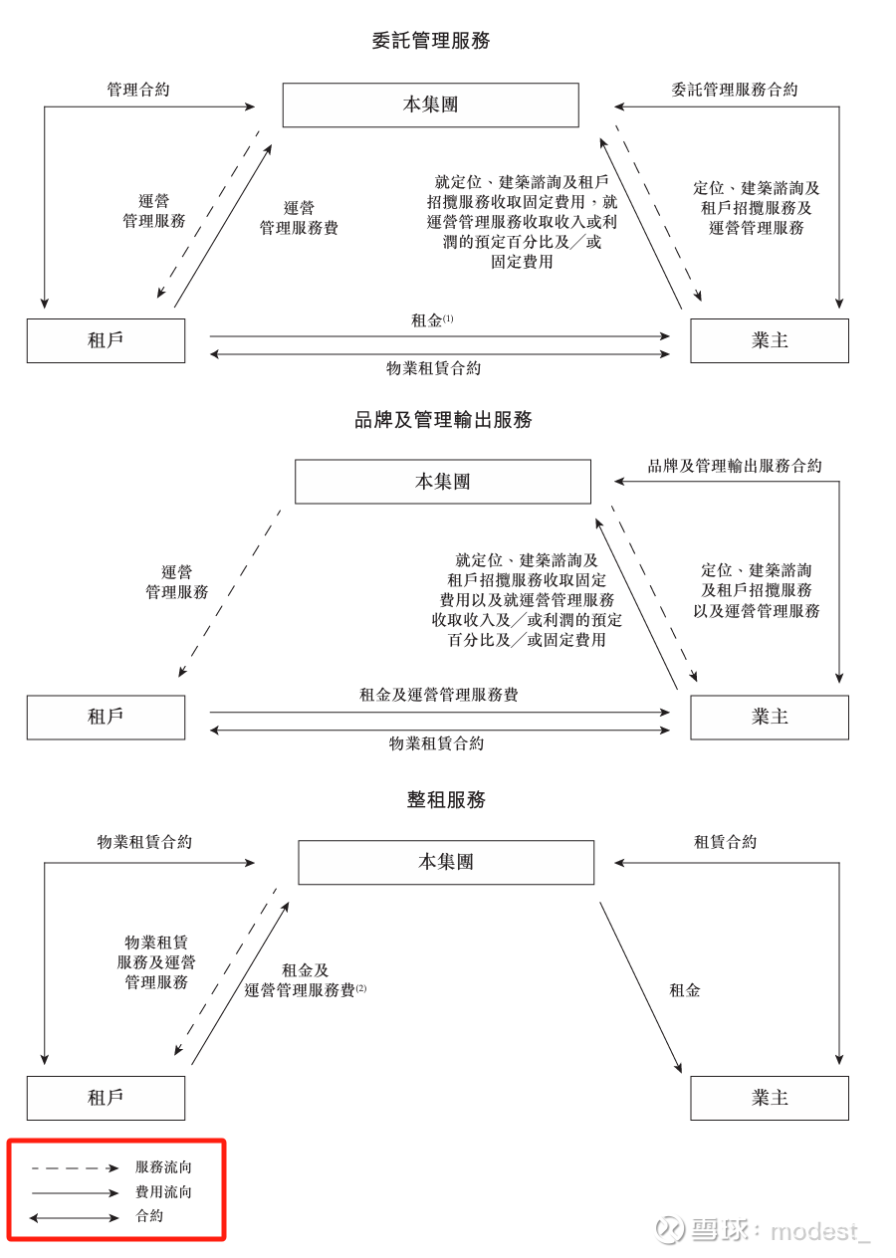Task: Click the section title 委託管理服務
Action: click(x=431, y=41)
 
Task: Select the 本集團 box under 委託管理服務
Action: click(x=430, y=105)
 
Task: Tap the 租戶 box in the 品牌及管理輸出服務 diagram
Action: click(x=106, y=717)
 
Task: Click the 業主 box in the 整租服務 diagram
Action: click(x=770, y=1098)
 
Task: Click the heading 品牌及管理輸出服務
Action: click(x=443, y=420)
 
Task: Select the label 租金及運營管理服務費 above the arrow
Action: click(x=438, y=695)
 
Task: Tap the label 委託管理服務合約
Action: click(x=735, y=90)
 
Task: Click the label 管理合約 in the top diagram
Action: click(x=138, y=90)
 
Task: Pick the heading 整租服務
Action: click(x=446, y=800)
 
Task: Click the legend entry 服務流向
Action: click(x=163, y=1167)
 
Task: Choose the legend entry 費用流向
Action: click(x=163, y=1192)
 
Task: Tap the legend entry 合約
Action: click(x=149, y=1216)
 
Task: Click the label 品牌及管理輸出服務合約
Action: click(x=735, y=466)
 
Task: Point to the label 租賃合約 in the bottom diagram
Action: click(x=725, y=842)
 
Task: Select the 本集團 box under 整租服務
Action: click(x=446, y=862)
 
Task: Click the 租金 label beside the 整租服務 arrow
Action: click(x=685, y=990)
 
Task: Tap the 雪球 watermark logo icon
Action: click(x=669, y=1230)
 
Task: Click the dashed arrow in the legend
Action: click(x=75, y=1167)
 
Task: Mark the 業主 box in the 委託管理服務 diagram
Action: click(x=770, y=340)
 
